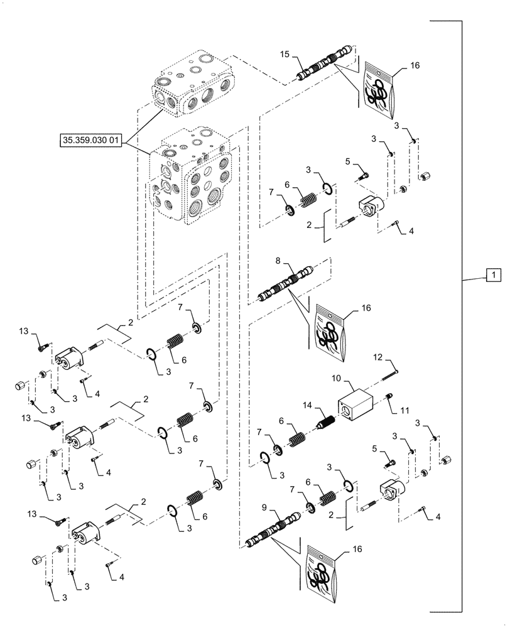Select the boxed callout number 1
493,275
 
